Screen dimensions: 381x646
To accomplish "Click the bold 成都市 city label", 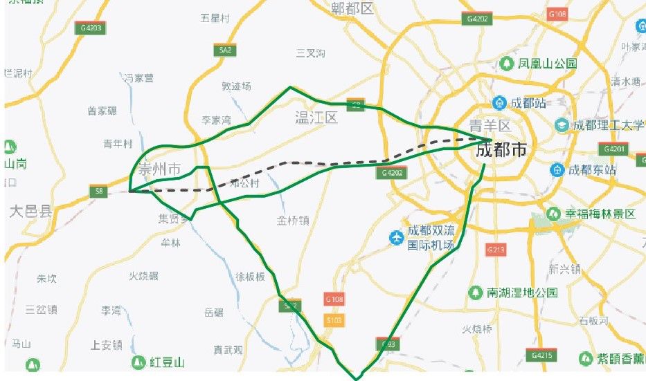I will click(501, 149).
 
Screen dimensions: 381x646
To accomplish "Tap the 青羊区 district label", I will click(490, 126).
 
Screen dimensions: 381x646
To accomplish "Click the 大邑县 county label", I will click(30, 211).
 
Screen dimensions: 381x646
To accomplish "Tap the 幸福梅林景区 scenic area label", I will click(600, 214).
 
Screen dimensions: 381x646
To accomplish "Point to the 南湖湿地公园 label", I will click(522, 292).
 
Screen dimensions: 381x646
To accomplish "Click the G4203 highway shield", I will click(91, 28).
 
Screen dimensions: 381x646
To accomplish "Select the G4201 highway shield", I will click(613, 149).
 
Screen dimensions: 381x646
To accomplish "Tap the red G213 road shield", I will click(494, 249).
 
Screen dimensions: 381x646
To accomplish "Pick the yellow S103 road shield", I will click(334, 320).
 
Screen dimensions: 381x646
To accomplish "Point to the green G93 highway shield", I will click(386, 343).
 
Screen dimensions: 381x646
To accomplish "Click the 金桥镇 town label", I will click(293, 221).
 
